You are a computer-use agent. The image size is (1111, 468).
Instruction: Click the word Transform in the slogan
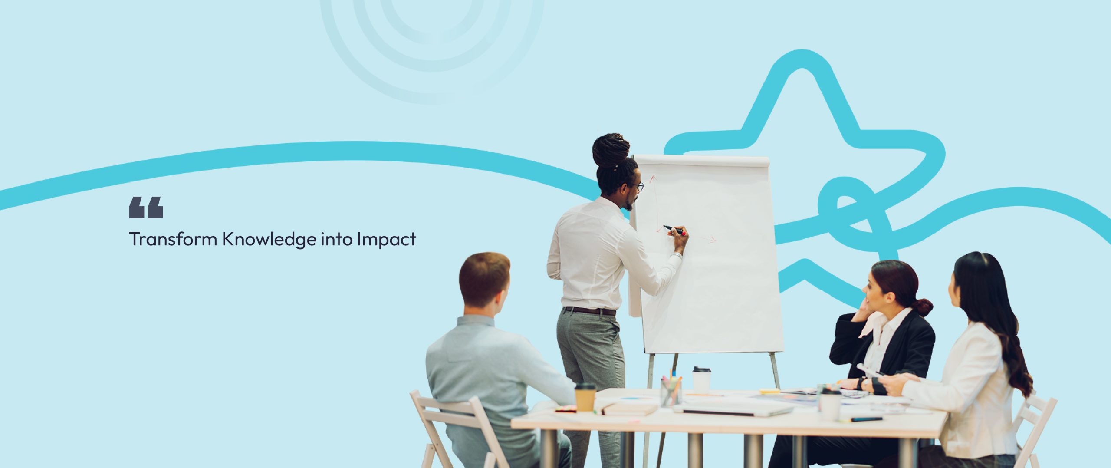pyautogui.click(x=173, y=239)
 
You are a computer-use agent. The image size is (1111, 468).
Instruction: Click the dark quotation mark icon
pyautogui.click(x=146, y=207)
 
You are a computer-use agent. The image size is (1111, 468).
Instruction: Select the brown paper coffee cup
pyautogui.click(x=585, y=397)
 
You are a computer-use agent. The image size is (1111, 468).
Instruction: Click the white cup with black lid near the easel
pyautogui.click(x=701, y=378)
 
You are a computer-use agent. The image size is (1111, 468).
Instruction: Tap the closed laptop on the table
pyautogui.click(x=733, y=409)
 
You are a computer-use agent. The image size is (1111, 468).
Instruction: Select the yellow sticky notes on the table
pyautogui.click(x=770, y=391)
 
